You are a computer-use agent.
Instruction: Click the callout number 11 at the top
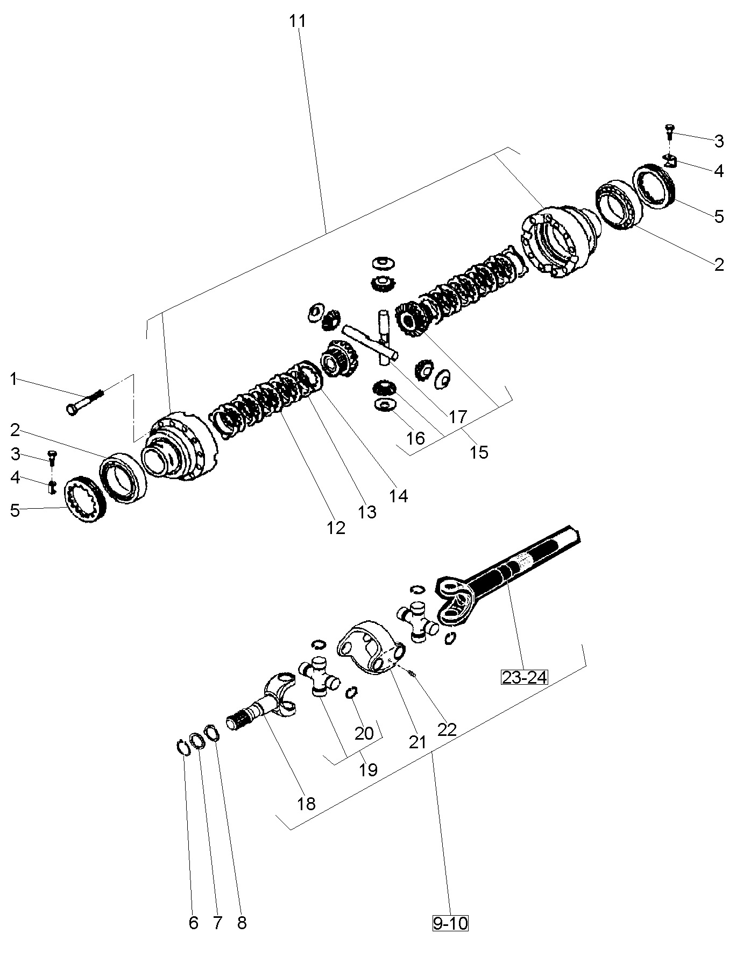pos(297,22)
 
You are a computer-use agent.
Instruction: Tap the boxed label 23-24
pos(524,677)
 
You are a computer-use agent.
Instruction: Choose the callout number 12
pos(336,528)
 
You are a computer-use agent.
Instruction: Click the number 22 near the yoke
pos(447,729)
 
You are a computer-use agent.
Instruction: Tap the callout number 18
pos(306,804)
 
